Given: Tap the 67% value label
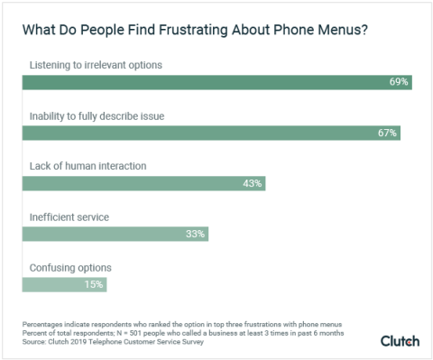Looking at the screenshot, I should [x=387, y=133].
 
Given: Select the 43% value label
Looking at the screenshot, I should [x=253, y=183].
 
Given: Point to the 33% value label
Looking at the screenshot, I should [x=196, y=234].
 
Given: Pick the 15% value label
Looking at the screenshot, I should [x=95, y=284].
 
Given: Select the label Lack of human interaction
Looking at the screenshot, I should [x=87, y=167].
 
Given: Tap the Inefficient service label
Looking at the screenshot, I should [x=70, y=217].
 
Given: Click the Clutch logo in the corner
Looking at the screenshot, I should [x=400, y=340].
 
